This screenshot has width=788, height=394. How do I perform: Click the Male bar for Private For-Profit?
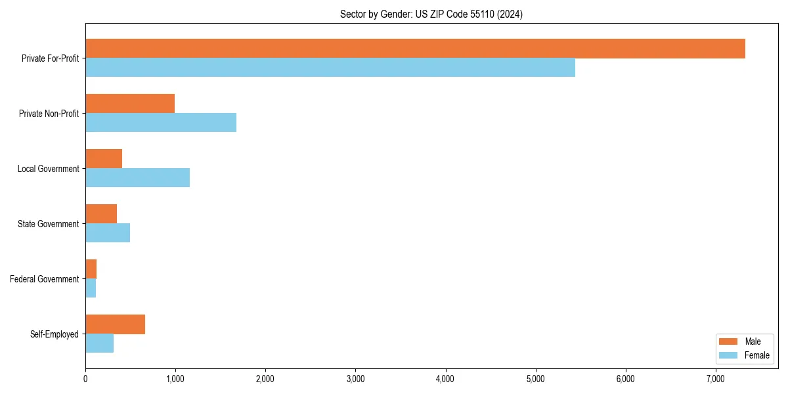[x=415, y=49]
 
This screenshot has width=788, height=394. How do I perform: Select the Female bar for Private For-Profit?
[x=330, y=68]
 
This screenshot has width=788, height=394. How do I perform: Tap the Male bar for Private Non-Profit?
[x=130, y=104]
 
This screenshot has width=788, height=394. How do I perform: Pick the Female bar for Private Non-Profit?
[x=161, y=123]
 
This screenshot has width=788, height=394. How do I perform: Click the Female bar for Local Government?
[x=137, y=178]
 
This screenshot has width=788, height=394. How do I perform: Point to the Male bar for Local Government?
[x=104, y=159]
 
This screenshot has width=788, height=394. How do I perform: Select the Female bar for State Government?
[x=108, y=233]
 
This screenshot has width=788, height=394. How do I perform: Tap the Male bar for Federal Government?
[x=91, y=269]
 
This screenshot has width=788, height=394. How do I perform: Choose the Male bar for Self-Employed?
[x=115, y=324]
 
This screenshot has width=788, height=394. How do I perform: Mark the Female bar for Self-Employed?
[x=99, y=343]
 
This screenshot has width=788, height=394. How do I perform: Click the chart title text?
[x=431, y=14]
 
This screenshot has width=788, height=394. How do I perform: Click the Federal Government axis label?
[x=45, y=279]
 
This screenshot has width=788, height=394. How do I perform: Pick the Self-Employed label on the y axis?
[x=55, y=334]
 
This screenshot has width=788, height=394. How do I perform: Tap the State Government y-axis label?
[x=48, y=224]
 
